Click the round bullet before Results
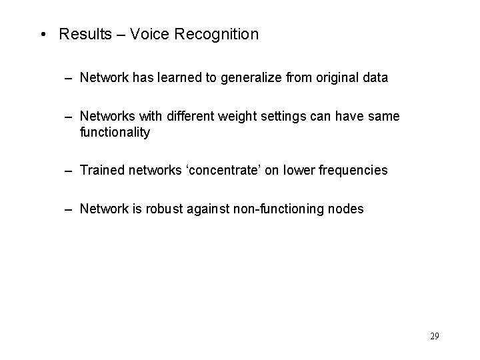point(44,35)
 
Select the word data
point(375,78)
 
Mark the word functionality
point(115,132)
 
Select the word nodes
point(347,209)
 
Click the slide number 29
point(435,336)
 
